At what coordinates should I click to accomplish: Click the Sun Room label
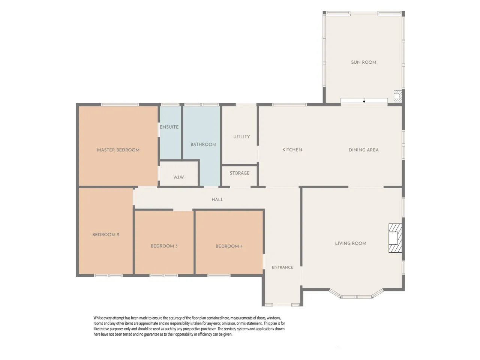click(363, 62)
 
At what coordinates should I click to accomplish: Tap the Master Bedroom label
click(118, 150)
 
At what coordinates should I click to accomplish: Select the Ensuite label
click(169, 127)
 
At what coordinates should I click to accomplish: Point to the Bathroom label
click(203, 144)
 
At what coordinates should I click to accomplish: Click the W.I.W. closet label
click(178, 177)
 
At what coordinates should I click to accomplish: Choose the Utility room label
click(241, 136)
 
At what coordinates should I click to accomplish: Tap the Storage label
click(240, 173)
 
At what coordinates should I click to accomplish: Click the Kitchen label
click(292, 150)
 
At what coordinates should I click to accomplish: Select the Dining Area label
click(363, 150)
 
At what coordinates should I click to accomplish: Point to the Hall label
click(217, 199)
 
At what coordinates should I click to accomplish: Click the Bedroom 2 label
click(106, 235)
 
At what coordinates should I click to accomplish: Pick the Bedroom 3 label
click(164, 246)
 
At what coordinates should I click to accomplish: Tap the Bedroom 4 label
click(229, 246)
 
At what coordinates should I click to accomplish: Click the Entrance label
click(282, 267)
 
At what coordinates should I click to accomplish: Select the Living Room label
click(351, 243)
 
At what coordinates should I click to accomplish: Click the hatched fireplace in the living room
click(395, 238)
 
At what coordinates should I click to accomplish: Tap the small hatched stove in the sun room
click(398, 96)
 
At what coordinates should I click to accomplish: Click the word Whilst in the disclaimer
click(98, 318)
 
